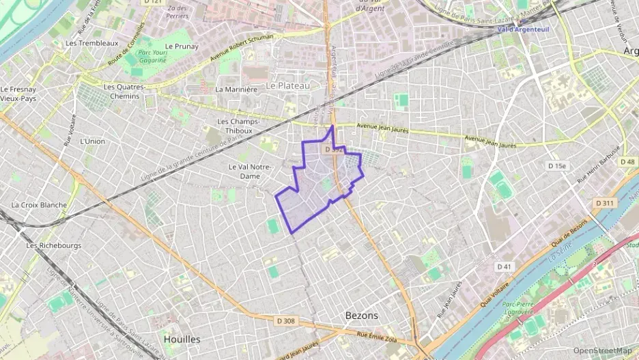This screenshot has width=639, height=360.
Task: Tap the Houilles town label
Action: click(182, 339)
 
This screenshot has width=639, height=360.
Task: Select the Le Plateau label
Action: click(288, 85)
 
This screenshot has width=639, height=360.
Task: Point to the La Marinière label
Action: click(236, 89)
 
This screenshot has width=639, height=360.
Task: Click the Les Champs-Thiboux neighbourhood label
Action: click(235, 126)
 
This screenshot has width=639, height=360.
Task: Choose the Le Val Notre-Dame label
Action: click(250, 171)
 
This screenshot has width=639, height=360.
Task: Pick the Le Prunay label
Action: click(182, 46)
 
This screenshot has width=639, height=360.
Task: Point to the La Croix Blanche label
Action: click(39, 205)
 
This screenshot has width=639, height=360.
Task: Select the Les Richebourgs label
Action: click(53, 245)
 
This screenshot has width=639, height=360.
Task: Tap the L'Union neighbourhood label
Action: click(92, 141)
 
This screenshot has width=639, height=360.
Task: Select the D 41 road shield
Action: click(505, 266)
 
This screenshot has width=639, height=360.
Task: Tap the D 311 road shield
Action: click(605, 203)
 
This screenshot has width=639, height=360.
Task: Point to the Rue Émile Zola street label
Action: click(375, 334)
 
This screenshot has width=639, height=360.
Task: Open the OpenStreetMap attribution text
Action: click(602, 350)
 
